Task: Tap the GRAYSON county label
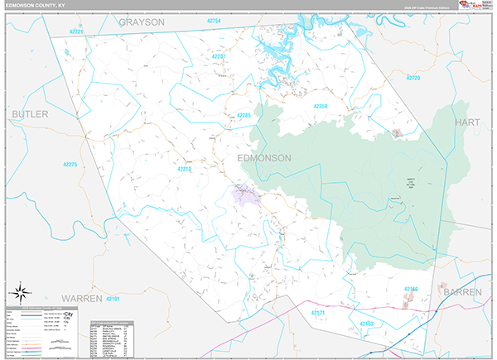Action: tap(142, 22)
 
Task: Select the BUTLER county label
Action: tap(30, 113)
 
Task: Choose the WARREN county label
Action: tap(80, 296)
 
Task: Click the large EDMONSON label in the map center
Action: tap(264, 158)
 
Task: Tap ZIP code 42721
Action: tap(76, 31)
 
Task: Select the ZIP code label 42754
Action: tap(215, 20)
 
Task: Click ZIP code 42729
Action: tap(412, 78)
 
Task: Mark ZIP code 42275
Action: tap(70, 166)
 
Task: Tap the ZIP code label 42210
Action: tap(184, 169)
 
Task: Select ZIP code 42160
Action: tap(412, 289)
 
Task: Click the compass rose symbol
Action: tap(22, 292)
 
